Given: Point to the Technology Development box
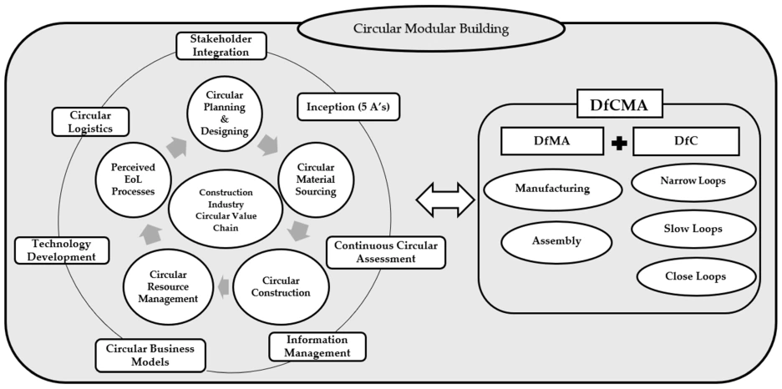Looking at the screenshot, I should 63,250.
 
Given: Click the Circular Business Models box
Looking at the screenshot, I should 150,355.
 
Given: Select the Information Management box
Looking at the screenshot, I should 317,346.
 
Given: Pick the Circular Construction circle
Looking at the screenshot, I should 280,285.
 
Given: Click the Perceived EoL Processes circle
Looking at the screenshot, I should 134,178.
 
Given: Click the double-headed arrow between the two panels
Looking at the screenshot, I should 444,200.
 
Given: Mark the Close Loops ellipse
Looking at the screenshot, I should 695,276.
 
